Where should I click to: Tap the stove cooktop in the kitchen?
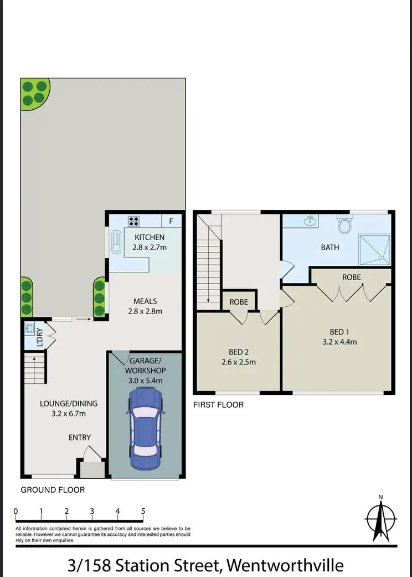click(134, 221)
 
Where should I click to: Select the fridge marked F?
click(171, 221)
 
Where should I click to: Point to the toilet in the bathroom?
click(346, 225)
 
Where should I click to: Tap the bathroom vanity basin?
click(311, 222)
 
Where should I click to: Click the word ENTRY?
click(79, 438)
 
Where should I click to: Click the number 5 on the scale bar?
click(143, 511)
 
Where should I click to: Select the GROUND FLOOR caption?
click(53, 489)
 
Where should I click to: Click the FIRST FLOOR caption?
click(218, 405)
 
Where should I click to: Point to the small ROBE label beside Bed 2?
click(239, 302)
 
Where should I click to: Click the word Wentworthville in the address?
click(285, 565)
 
